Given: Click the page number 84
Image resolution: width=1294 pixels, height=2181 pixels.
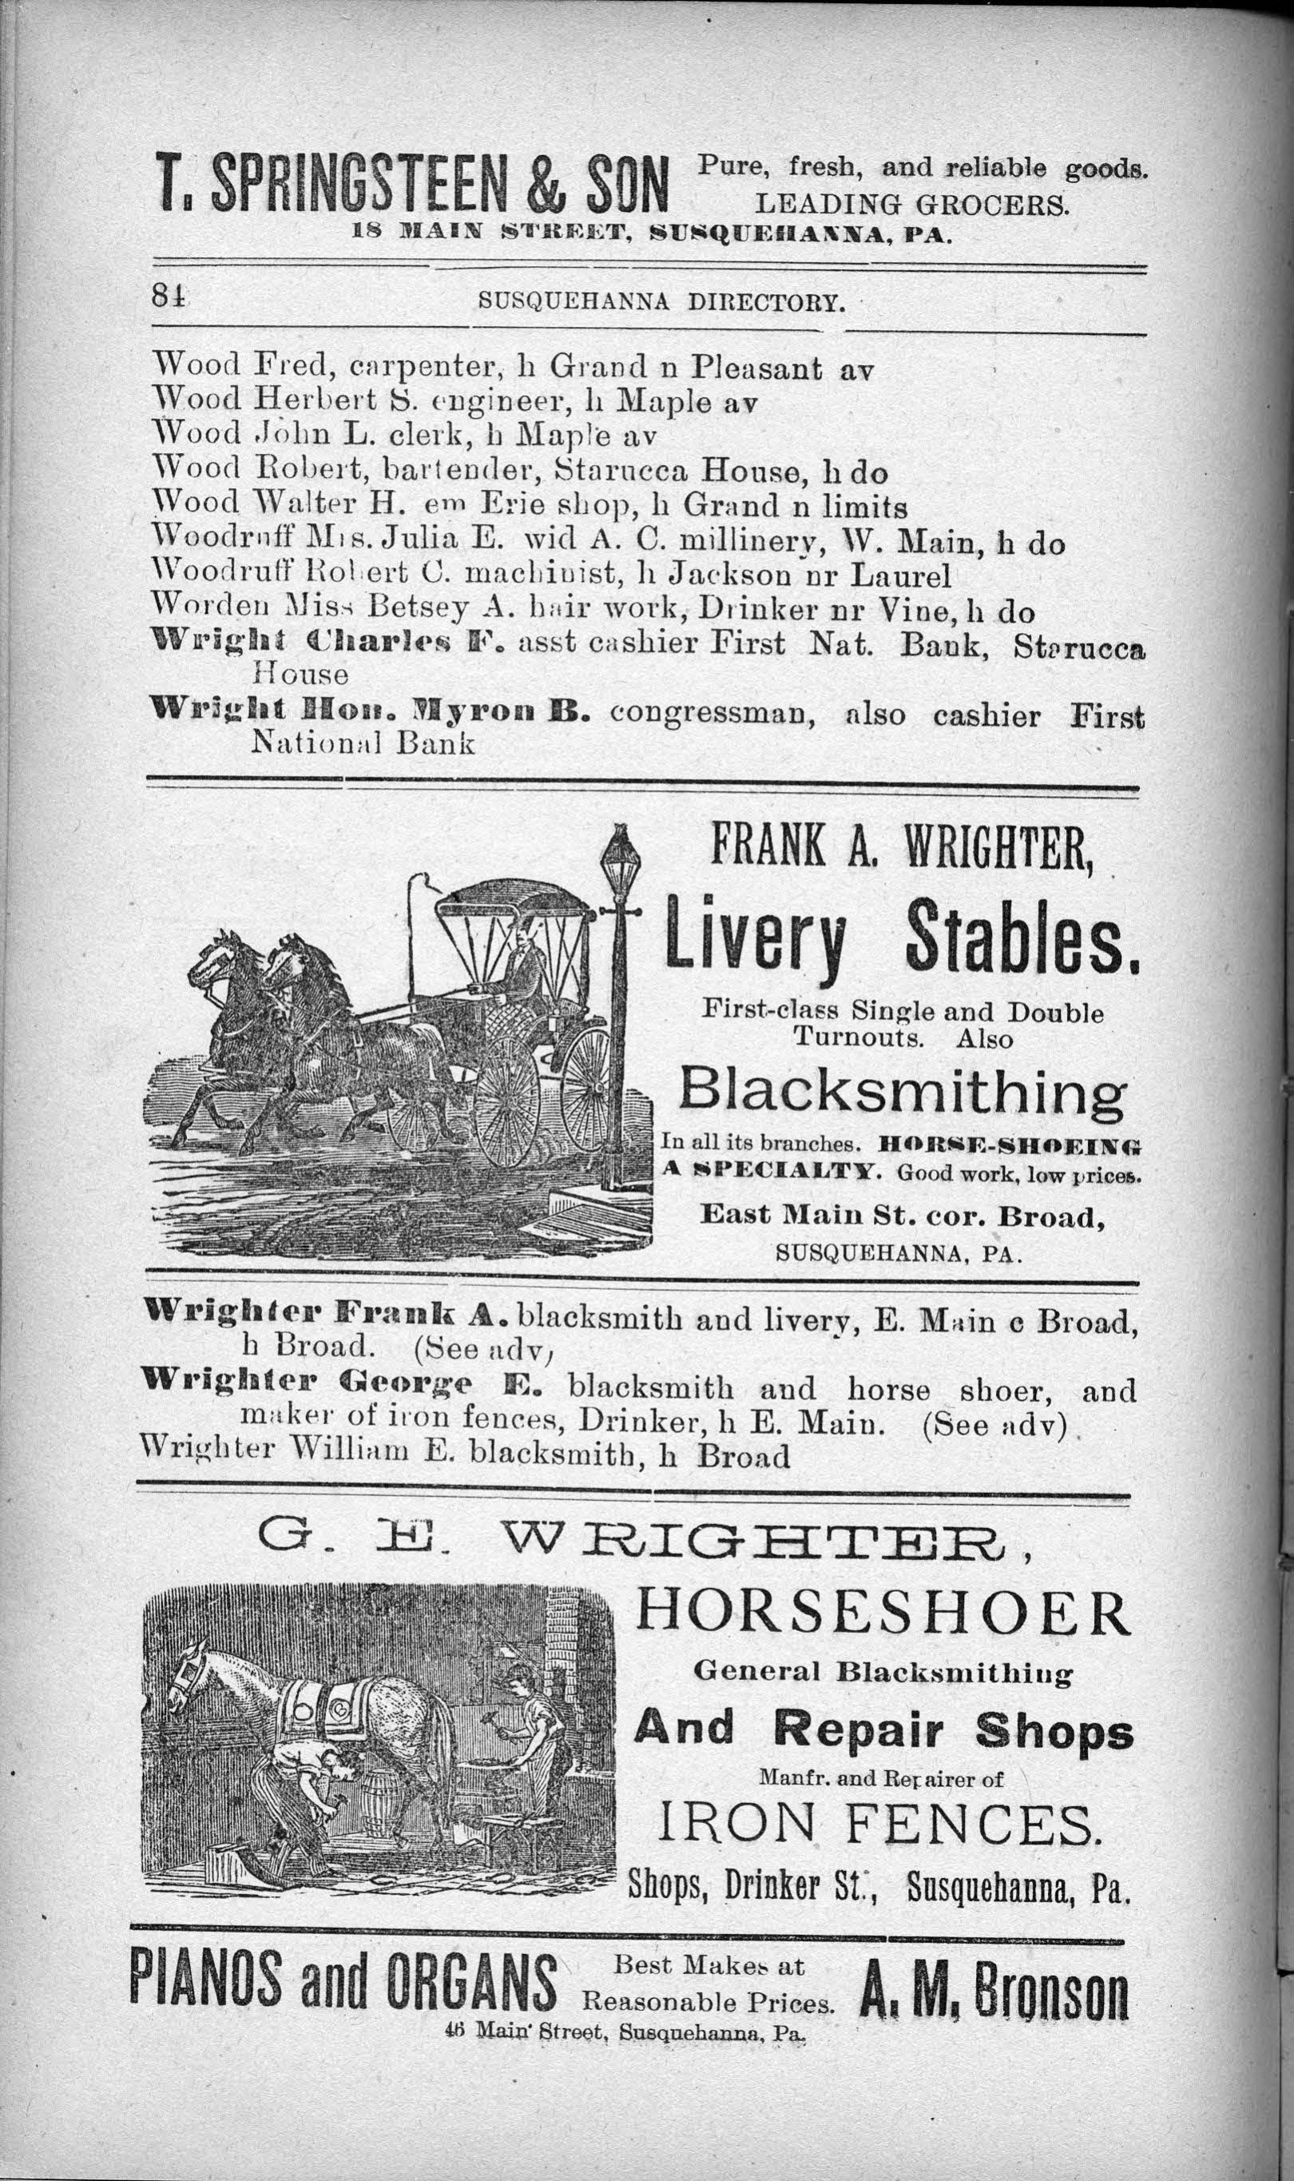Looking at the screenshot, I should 171,297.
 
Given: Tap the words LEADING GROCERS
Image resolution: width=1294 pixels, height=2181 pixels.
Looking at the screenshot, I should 911,205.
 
